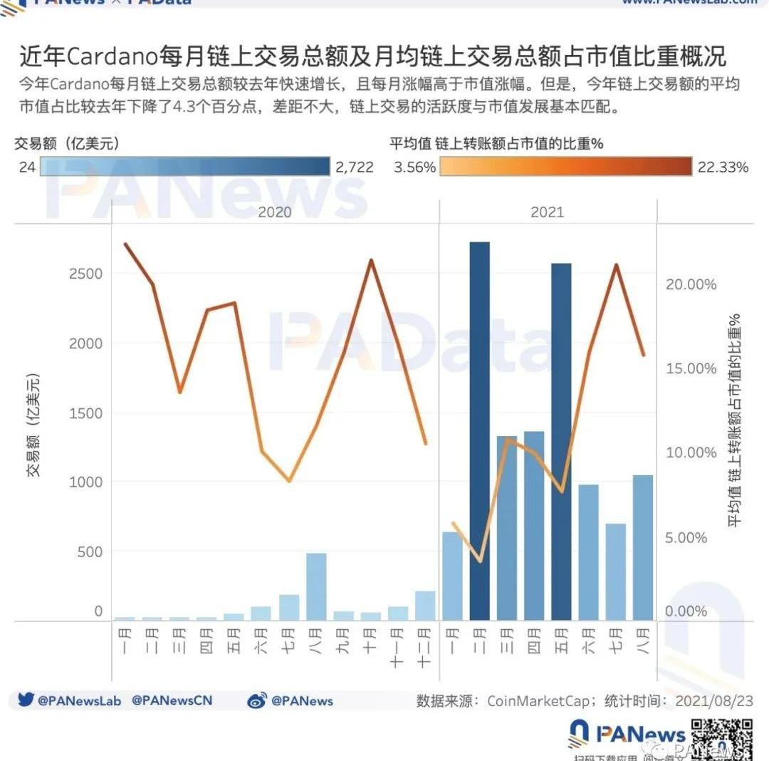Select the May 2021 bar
(561, 442)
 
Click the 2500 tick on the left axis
(85, 274)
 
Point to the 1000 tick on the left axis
(85, 482)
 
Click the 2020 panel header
(275, 212)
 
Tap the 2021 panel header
(547, 212)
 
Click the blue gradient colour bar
(185, 167)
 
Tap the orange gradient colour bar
(565, 167)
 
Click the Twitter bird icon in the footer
(26, 700)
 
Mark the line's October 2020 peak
(370, 261)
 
